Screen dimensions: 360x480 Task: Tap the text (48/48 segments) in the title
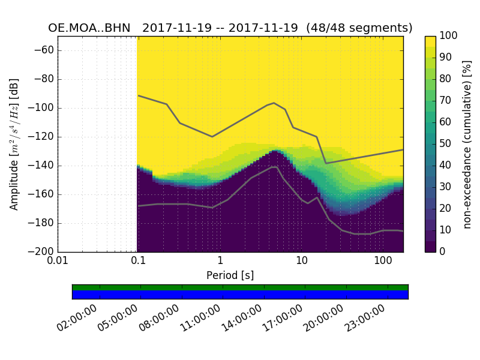click(x=359, y=28)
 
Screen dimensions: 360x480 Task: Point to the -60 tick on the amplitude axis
click(x=46, y=50)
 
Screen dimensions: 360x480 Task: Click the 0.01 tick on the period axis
click(x=58, y=261)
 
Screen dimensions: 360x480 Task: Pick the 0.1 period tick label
click(x=138, y=261)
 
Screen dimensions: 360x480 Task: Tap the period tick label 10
click(x=302, y=261)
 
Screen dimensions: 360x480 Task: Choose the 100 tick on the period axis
click(x=383, y=261)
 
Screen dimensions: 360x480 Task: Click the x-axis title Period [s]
click(x=230, y=275)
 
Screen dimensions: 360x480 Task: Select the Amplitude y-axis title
click(x=14, y=144)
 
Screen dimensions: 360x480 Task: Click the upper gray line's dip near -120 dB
click(x=212, y=137)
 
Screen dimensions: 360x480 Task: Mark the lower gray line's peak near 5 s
click(x=274, y=167)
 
